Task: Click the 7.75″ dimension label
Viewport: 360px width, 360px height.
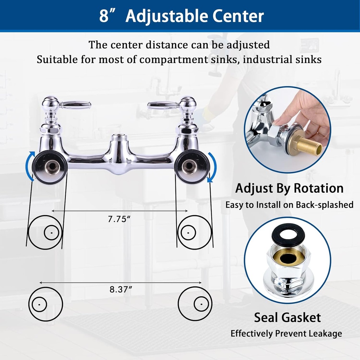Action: [119, 219]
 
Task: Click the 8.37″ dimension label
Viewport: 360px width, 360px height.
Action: [121, 290]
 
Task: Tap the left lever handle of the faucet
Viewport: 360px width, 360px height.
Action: [75, 104]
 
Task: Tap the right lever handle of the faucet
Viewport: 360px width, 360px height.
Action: [163, 104]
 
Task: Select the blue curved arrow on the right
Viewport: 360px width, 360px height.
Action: [212, 167]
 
